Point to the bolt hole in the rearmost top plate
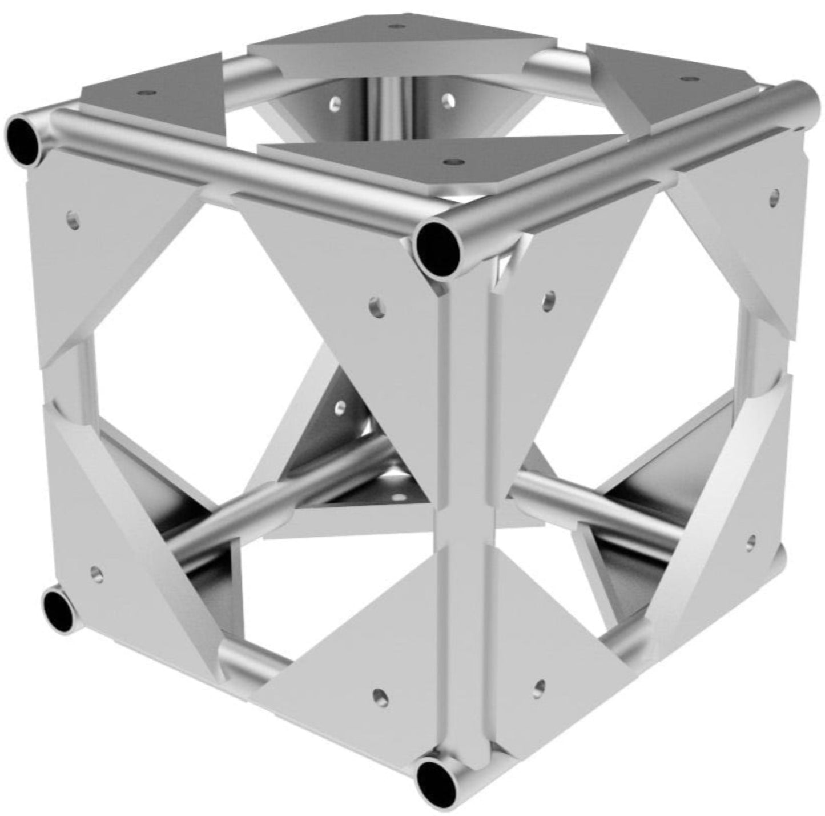[x=393, y=26]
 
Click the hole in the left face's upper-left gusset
[x=73, y=219]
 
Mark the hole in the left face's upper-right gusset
[x=376, y=306]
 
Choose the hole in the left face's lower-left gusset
[x=98, y=572]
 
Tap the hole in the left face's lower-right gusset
[x=379, y=696]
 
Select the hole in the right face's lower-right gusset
[x=751, y=541]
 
